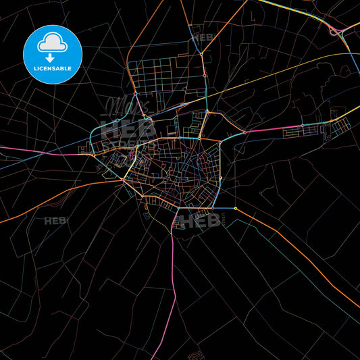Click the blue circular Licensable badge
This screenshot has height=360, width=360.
pyautogui.click(x=53, y=54)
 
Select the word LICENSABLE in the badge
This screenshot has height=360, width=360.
pyautogui.click(x=53, y=68)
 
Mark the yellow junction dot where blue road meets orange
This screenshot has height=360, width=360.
pyautogui.click(x=235, y=209)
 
